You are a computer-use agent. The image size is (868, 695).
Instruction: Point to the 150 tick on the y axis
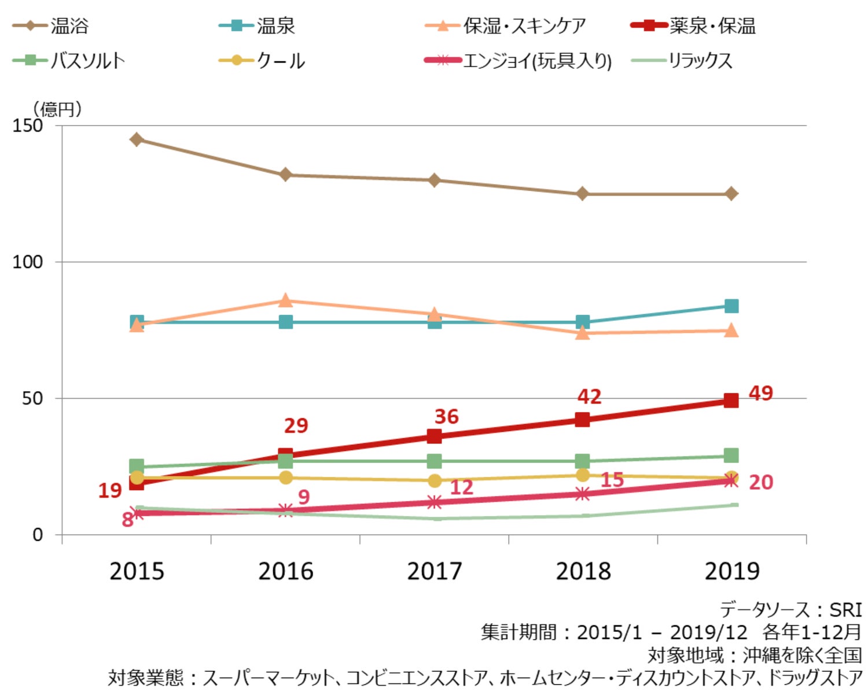(x=28, y=126)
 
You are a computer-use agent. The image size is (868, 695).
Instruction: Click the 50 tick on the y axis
(x=32, y=399)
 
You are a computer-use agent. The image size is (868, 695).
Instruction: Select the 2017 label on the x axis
(x=435, y=571)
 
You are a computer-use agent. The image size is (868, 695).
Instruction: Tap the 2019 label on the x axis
(x=732, y=571)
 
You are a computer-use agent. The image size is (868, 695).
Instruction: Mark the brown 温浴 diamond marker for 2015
(x=137, y=139)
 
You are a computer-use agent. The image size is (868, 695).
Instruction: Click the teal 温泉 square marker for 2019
(x=731, y=306)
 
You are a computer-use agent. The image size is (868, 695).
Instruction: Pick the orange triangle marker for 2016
(x=285, y=300)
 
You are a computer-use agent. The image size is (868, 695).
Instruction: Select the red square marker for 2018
(x=583, y=420)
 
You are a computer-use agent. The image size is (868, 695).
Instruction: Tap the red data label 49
(x=761, y=394)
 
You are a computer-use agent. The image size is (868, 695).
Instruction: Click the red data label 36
(x=446, y=417)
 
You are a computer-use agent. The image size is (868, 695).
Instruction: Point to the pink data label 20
(x=761, y=482)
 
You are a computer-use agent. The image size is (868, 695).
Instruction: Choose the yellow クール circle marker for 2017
(x=435, y=481)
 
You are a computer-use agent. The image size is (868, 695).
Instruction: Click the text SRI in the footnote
(x=846, y=610)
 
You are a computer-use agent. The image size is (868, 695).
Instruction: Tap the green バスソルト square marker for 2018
(x=583, y=461)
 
